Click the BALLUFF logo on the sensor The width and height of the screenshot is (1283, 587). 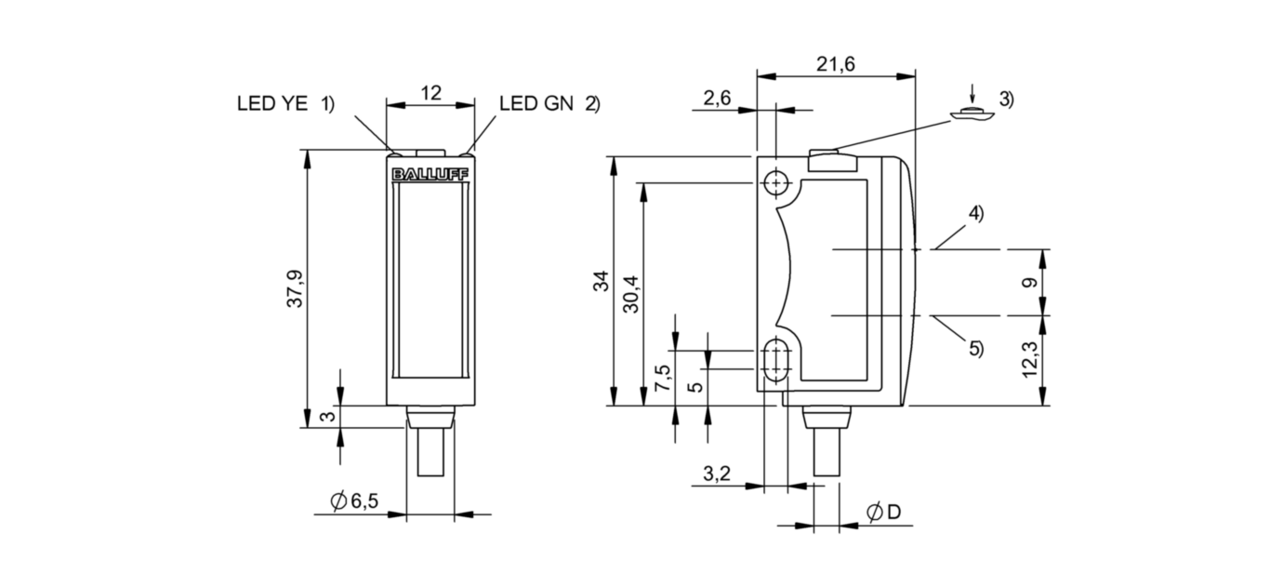(x=430, y=174)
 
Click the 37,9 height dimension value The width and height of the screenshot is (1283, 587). (x=295, y=288)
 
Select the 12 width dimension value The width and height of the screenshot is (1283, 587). (x=430, y=92)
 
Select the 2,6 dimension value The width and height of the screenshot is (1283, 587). (x=717, y=99)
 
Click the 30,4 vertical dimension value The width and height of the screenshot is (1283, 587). (x=630, y=293)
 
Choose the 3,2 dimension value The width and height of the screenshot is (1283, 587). (x=717, y=474)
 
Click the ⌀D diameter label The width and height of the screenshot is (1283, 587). (x=883, y=513)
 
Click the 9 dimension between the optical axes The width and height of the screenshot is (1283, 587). (x=1029, y=283)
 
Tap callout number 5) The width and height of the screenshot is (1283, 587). (x=975, y=349)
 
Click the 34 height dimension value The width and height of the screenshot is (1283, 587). (x=601, y=282)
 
